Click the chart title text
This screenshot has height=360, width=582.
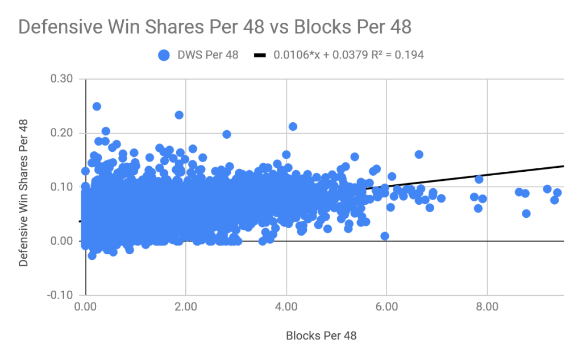[x=215, y=27]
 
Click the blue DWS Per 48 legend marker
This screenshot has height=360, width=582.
[x=164, y=55]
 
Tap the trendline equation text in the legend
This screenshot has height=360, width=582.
[x=348, y=55]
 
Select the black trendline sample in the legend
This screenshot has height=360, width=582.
[x=260, y=55]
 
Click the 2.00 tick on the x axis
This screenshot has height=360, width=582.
[x=185, y=307]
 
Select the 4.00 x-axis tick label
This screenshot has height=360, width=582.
[x=286, y=307]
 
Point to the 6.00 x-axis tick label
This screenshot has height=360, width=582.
[x=386, y=307]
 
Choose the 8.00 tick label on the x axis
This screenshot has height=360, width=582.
[x=487, y=307]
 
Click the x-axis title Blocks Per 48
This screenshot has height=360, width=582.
[x=321, y=336]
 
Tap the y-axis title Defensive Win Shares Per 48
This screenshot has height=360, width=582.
[x=23, y=187]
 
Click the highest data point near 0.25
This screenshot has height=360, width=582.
[x=97, y=106]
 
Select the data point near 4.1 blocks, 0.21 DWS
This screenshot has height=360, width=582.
[x=293, y=126]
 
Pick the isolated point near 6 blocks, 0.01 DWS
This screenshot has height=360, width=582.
[x=385, y=236]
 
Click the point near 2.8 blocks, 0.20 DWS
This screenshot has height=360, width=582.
[x=227, y=134]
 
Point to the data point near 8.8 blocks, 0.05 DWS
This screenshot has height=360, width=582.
[x=526, y=213]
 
